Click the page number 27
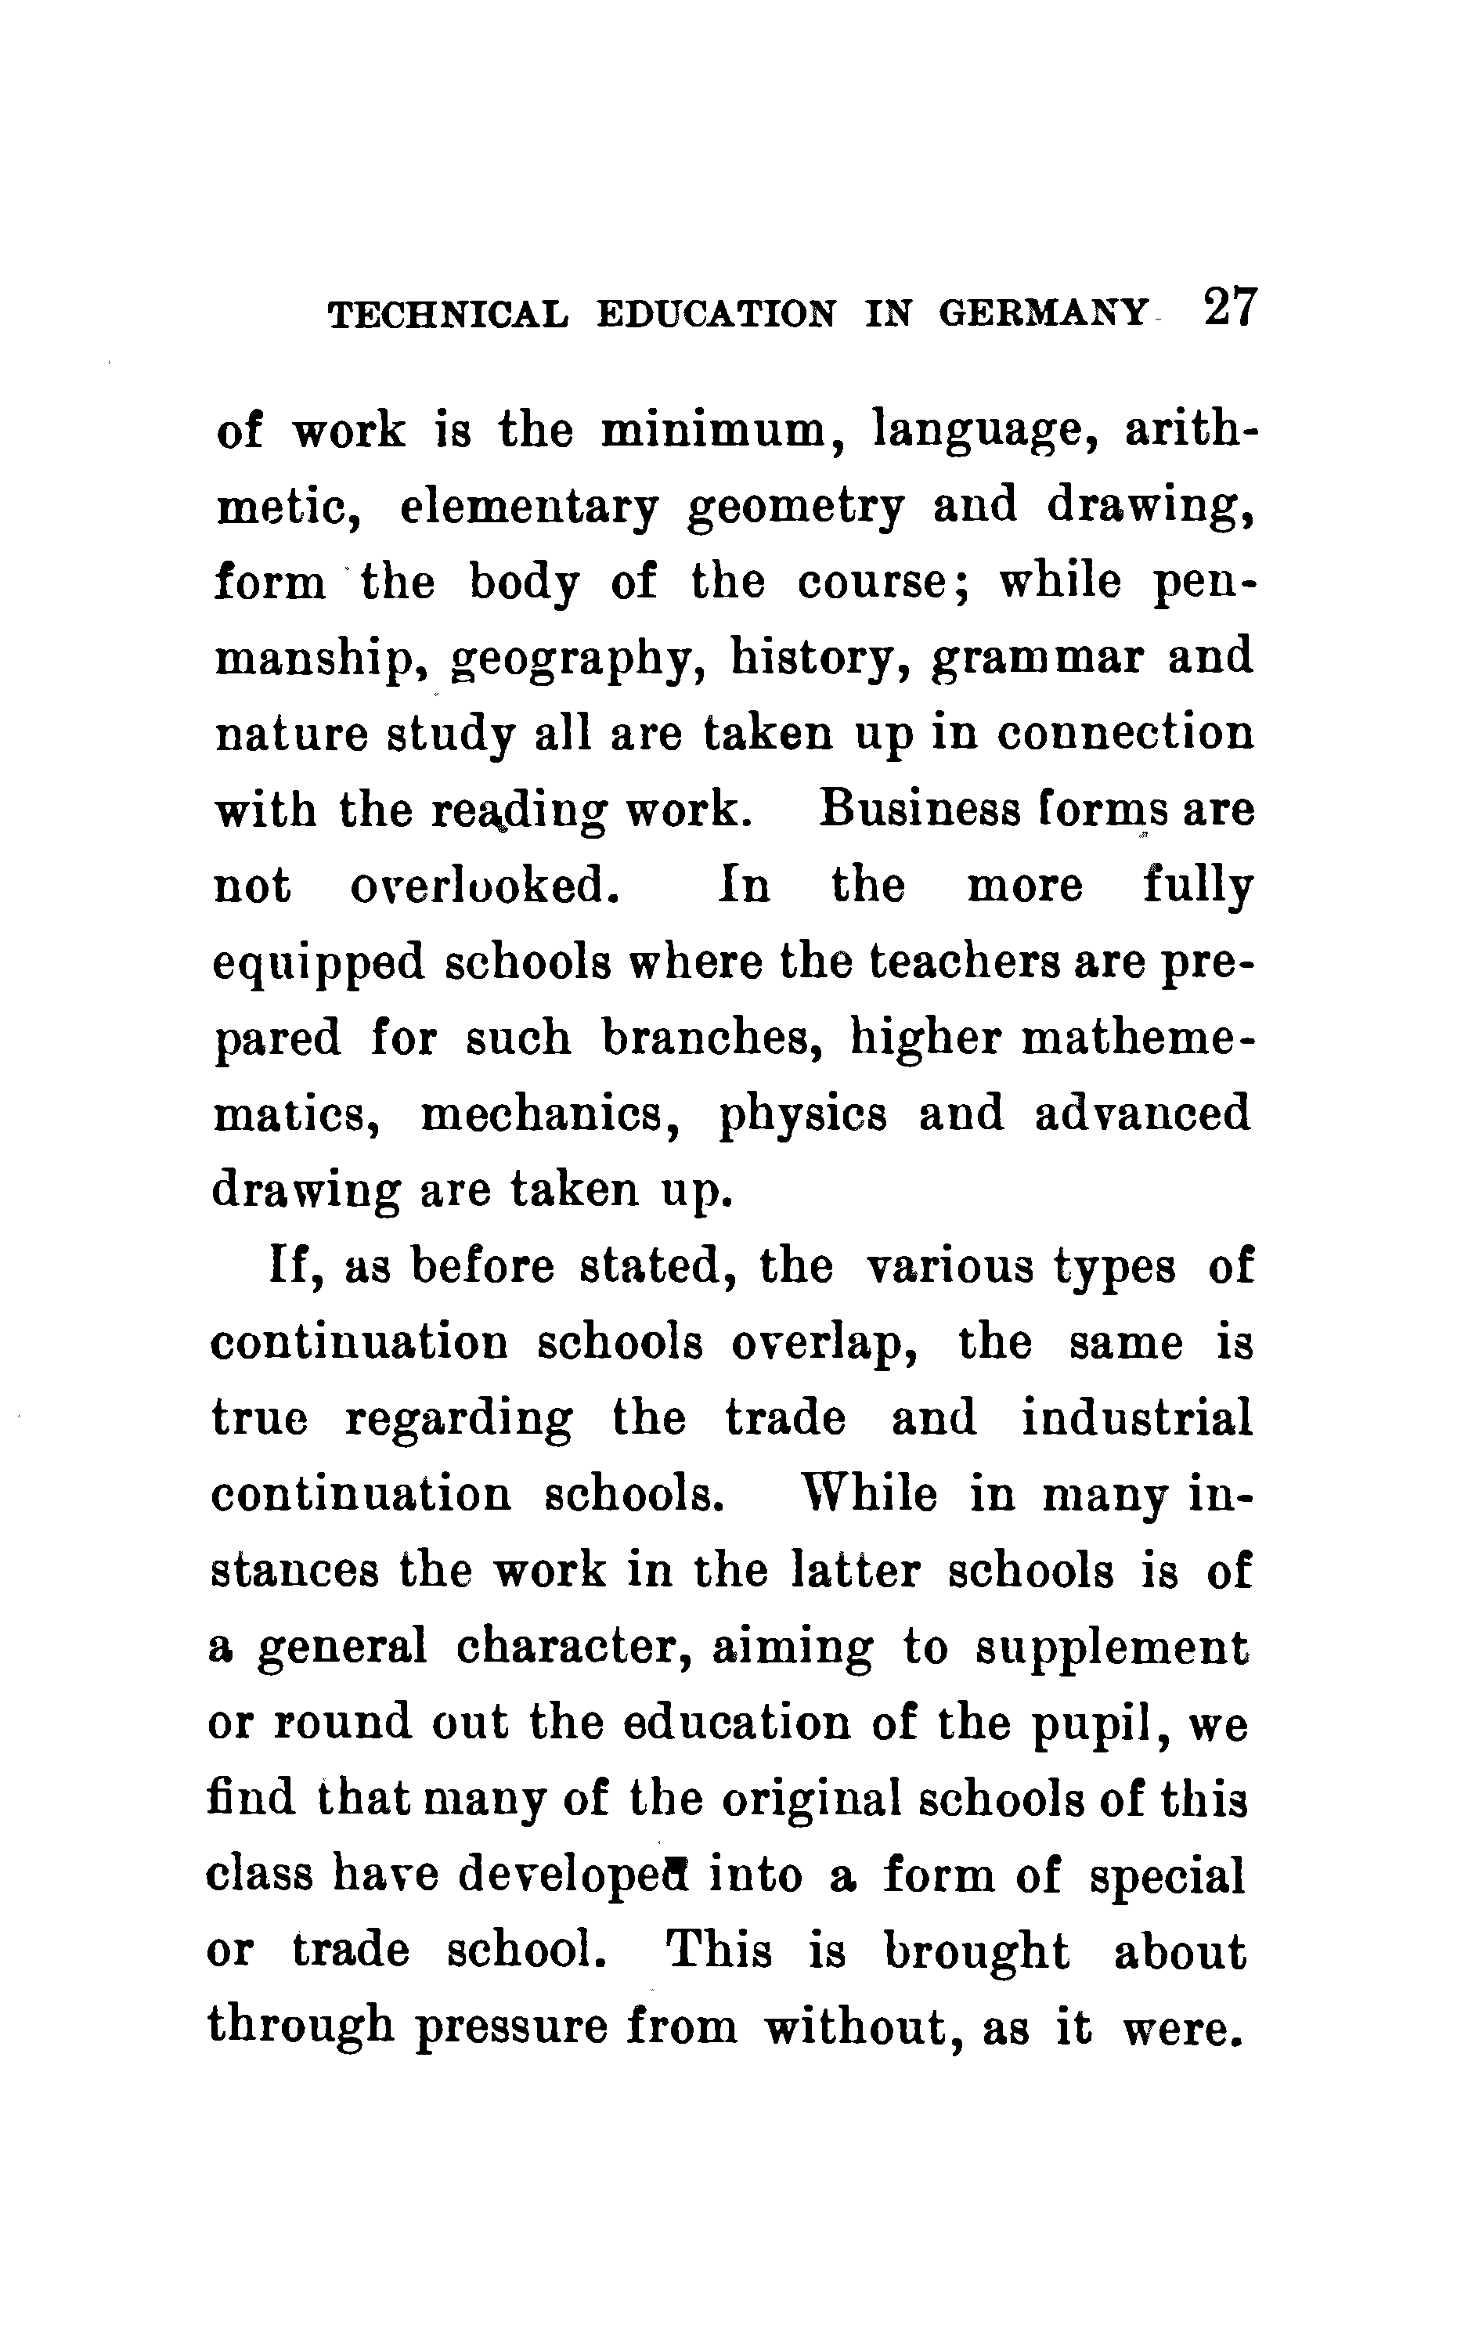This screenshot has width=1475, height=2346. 1231,308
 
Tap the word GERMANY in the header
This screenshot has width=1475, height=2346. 1044,314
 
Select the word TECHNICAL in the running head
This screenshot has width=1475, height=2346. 448,314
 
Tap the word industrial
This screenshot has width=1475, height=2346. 1136,1417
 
